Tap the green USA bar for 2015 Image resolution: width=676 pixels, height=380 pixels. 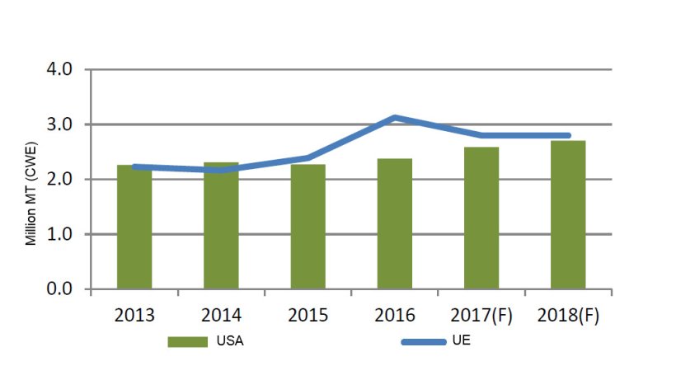click(307, 231)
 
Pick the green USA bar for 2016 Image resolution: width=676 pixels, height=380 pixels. click(395, 227)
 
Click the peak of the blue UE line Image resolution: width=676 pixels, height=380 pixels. click(396, 118)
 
